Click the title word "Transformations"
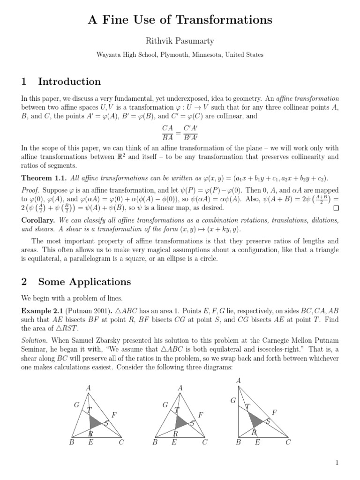tap(229, 20)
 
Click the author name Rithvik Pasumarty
tap(180, 41)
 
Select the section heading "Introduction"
tap(69, 82)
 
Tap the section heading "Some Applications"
tap(84, 282)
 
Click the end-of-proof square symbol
tap(336, 208)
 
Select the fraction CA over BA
tap(167, 133)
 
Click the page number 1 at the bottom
tap(337, 463)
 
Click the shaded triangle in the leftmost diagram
tap(95, 420)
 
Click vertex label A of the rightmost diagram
tap(239, 381)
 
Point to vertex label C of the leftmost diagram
tap(121, 442)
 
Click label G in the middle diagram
tap(165, 405)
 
